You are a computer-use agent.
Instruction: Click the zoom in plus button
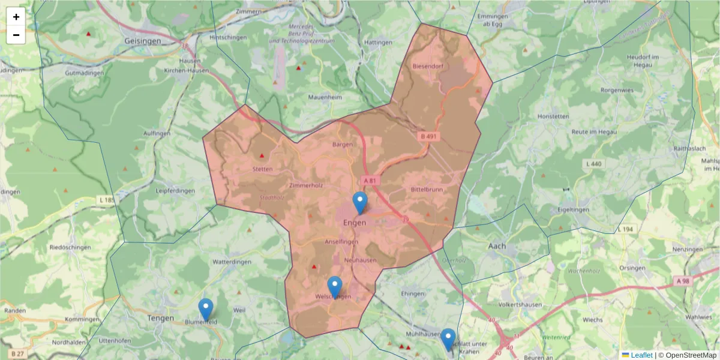pos(16,17)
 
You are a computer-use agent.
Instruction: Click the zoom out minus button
pos(16,35)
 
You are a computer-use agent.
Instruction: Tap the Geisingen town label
pos(143,41)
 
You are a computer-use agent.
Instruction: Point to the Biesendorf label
pos(427,67)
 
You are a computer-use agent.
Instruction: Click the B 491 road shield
pos(428,137)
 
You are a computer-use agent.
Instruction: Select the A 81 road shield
pos(370,180)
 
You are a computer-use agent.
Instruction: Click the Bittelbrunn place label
pos(427,190)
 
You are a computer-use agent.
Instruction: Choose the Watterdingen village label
pos(231,262)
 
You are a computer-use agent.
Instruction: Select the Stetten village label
pos(262,169)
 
